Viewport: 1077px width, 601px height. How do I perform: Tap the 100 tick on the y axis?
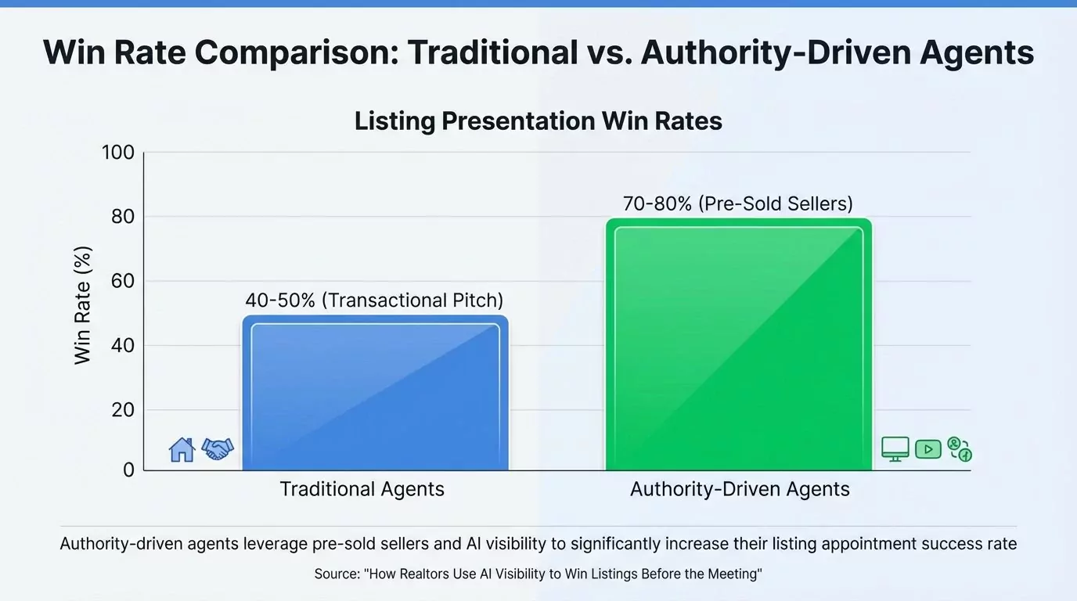click(x=118, y=153)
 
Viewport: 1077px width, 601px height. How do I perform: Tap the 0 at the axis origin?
click(x=128, y=470)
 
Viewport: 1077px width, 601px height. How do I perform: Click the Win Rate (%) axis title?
click(x=83, y=305)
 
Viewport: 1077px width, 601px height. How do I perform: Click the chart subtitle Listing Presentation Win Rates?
click(x=538, y=121)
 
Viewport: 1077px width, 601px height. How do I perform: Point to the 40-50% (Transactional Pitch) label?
click(x=374, y=300)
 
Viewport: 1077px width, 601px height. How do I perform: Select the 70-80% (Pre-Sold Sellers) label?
click(x=737, y=204)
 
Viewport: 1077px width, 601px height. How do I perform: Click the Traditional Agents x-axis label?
click(x=362, y=490)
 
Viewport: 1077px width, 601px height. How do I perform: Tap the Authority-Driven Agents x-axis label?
click(x=740, y=490)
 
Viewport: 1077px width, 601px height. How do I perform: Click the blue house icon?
click(x=182, y=449)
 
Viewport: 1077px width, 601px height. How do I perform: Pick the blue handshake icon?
click(x=218, y=448)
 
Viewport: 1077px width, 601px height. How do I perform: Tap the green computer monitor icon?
click(x=895, y=449)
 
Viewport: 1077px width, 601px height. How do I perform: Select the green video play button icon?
click(x=928, y=449)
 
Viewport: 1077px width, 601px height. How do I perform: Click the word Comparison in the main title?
click(x=296, y=52)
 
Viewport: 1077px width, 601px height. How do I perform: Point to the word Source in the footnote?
click(x=337, y=574)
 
